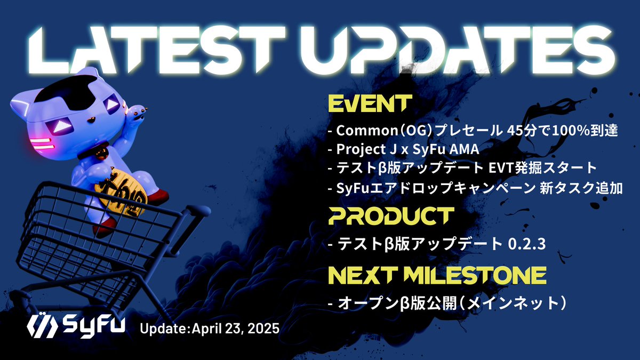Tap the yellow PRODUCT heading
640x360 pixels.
point(390,217)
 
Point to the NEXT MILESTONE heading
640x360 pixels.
point(436,276)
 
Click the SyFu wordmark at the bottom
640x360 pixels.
point(94,325)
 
